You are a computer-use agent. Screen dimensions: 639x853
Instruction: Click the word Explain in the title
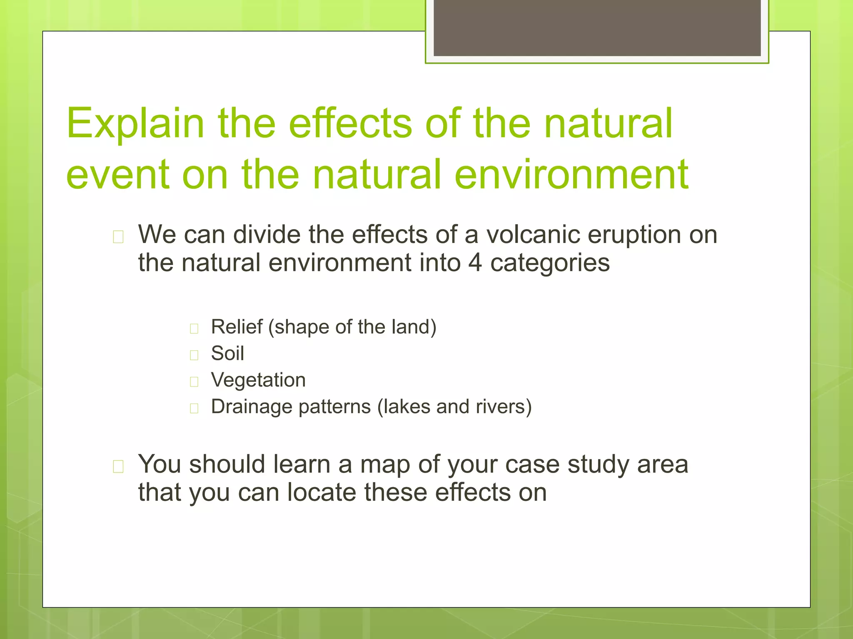(x=135, y=124)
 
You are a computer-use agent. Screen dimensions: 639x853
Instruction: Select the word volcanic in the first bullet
(x=533, y=235)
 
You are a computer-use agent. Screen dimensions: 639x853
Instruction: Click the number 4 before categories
(x=475, y=263)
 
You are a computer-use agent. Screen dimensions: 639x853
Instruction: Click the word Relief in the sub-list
(x=237, y=327)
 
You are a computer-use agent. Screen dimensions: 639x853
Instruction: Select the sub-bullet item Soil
(x=227, y=354)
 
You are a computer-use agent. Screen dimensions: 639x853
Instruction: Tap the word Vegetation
(x=258, y=380)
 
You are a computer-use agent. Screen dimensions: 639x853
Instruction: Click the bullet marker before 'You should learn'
(x=118, y=467)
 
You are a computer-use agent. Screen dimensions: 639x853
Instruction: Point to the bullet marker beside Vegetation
(x=194, y=382)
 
